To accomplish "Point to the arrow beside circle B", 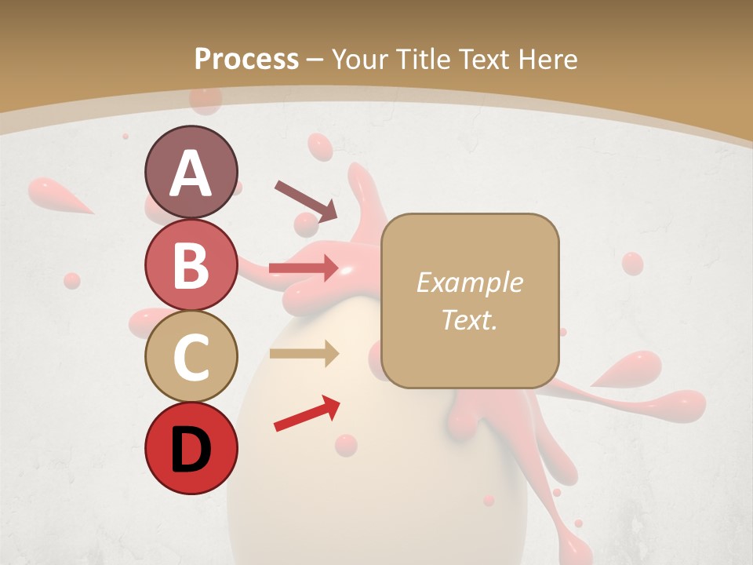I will [x=304, y=268].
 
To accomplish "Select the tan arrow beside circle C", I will [x=304, y=353].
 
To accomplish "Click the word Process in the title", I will [x=246, y=59].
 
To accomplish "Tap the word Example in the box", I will [x=469, y=282].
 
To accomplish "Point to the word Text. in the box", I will [x=469, y=319].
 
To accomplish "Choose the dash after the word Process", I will [x=315, y=60].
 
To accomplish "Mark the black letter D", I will [x=191, y=448].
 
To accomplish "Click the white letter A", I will [x=191, y=173].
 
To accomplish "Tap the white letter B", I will [x=191, y=265].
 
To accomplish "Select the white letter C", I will [x=191, y=357].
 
